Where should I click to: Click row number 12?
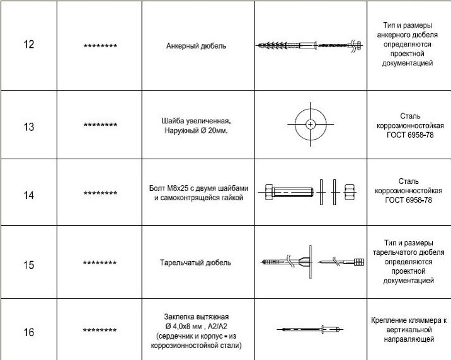pos(28,45)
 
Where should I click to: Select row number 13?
pos(29,127)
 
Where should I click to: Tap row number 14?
pos(29,195)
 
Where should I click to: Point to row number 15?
pos(29,264)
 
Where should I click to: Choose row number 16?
pos(29,332)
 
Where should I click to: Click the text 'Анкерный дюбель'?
pos(197,46)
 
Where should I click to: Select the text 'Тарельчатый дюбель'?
pos(196,262)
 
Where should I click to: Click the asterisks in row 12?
pos(100,47)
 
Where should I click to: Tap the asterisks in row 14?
pos(100,194)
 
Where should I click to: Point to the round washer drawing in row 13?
pos(310,125)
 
